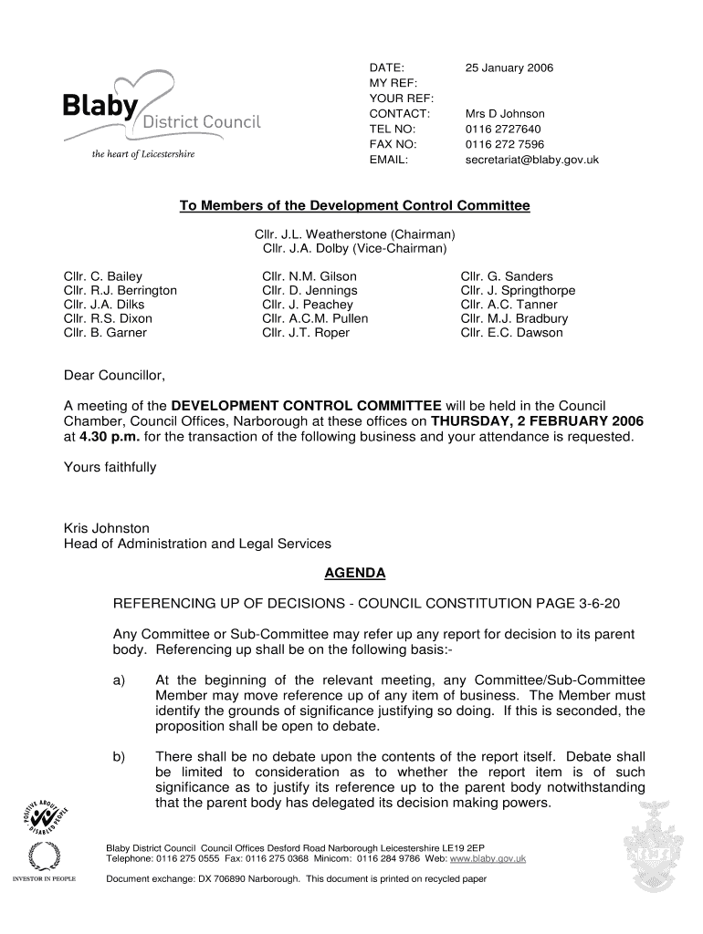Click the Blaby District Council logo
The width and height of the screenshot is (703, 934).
[x=161, y=114]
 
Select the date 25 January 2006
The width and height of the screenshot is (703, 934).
[x=509, y=68]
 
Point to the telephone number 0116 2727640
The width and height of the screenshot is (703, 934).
[x=503, y=130]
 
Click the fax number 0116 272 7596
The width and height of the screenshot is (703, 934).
[x=505, y=144]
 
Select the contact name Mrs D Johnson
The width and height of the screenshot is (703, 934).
[x=505, y=114]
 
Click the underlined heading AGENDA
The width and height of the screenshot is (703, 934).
[x=355, y=573]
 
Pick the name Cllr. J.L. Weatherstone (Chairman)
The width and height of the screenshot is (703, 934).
[x=354, y=234]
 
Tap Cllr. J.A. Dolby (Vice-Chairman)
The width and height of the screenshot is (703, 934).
[x=354, y=248]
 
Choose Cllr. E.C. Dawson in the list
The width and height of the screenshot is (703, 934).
[x=511, y=333]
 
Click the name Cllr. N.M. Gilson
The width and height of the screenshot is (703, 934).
[x=309, y=276]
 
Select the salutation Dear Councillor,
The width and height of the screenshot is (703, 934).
[x=115, y=375]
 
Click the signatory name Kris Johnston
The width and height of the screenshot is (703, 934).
[x=106, y=528]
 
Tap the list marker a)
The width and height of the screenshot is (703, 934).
[x=120, y=680]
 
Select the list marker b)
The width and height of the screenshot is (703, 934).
[x=120, y=757]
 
